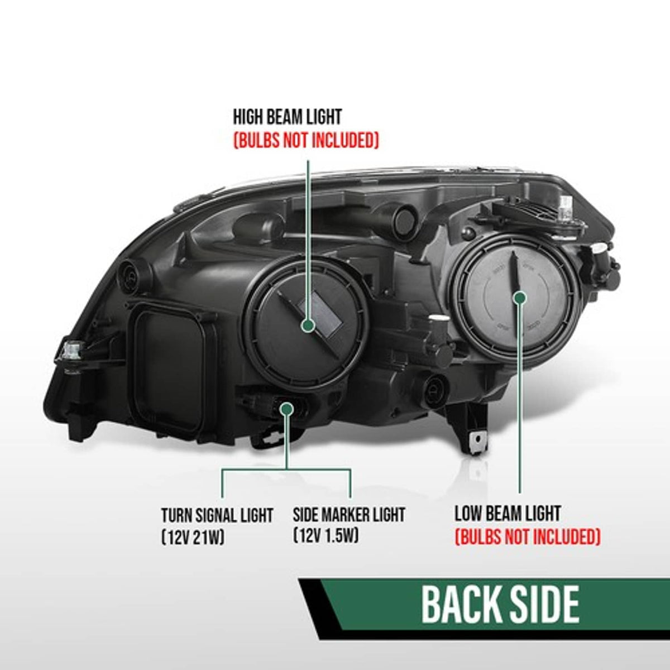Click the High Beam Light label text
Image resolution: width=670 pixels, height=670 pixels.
pyautogui.click(x=287, y=117)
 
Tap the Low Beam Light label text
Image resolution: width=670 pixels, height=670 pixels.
pyautogui.click(x=508, y=513)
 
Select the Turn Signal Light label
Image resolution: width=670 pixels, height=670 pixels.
pyautogui.click(x=217, y=515)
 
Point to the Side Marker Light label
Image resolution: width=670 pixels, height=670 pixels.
pyautogui.click(x=349, y=515)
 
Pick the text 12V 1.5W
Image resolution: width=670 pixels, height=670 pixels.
pyautogui.click(x=326, y=536)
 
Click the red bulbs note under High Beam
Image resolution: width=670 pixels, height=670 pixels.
pyautogui.click(x=306, y=141)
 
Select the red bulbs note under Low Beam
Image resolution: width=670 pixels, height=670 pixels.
pyautogui.click(x=528, y=537)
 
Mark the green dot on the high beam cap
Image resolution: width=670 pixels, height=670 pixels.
pyautogui.click(x=308, y=325)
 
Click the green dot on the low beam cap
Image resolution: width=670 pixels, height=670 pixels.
pyautogui.click(x=520, y=298)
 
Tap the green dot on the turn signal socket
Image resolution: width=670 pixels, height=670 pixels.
pyautogui.click(x=287, y=409)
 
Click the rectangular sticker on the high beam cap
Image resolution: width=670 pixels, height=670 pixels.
pyautogui.click(x=319, y=315)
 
